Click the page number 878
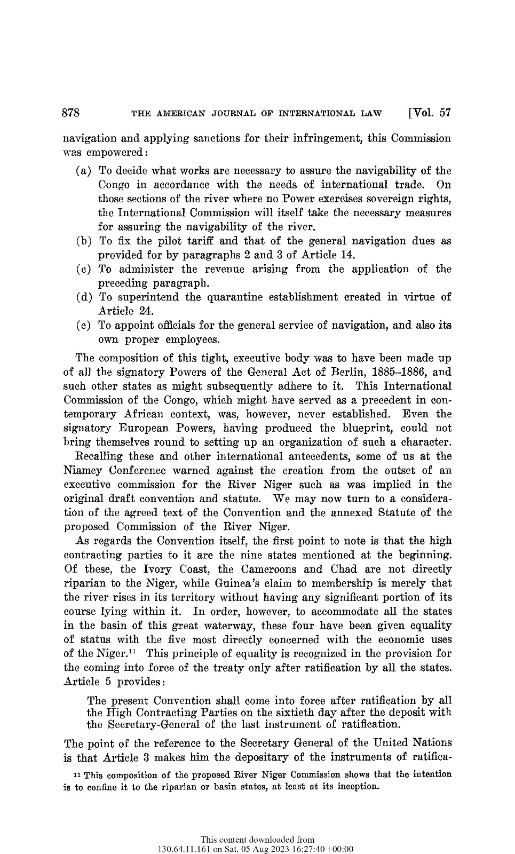72,113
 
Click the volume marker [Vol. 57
429,113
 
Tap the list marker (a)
83,171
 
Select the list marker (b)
83,241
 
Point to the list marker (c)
83,270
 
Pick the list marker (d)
83,297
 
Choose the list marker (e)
83,326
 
